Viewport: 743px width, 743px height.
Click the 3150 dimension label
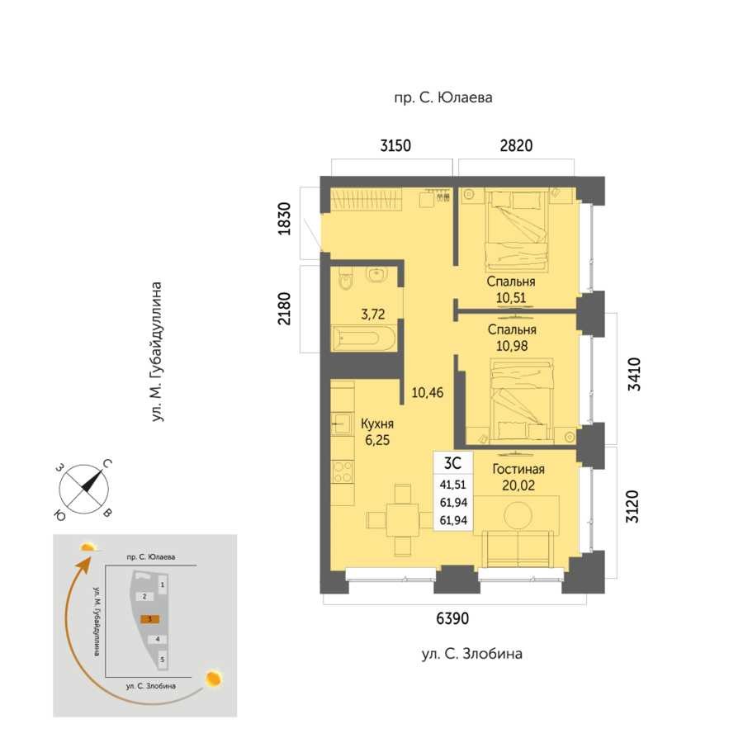click(x=395, y=145)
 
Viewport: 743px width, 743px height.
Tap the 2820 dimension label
click(x=516, y=145)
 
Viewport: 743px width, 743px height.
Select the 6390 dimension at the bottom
click(x=452, y=618)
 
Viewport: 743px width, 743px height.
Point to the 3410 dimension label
click(x=633, y=374)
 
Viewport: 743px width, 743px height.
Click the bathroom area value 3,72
click(x=373, y=315)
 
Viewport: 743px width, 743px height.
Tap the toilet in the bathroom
click(x=345, y=281)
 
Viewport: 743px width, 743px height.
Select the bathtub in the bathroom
click(x=363, y=338)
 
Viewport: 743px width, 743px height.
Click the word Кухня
click(x=377, y=424)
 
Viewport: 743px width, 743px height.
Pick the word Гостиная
click(x=518, y=469)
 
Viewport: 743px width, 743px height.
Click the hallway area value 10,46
click(x=428, y=392)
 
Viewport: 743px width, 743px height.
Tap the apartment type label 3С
click(x=452, y=462)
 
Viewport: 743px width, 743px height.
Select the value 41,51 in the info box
click(x=453, y=485)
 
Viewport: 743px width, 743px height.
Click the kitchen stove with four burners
click(x=343, y=471)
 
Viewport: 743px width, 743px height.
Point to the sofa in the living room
click(x=518, y=549)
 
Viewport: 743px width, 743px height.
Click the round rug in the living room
click(x=518, y=515)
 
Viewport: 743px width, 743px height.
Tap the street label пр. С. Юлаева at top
click(x=443, y=97)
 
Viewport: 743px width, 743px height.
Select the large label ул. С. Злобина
click(x=472, y=654)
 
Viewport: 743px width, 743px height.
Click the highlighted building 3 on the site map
click(x=149, y=619)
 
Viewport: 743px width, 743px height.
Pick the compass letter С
click(x=107, y=463)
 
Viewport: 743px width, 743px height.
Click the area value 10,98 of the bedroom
click(x=512, y=346)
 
